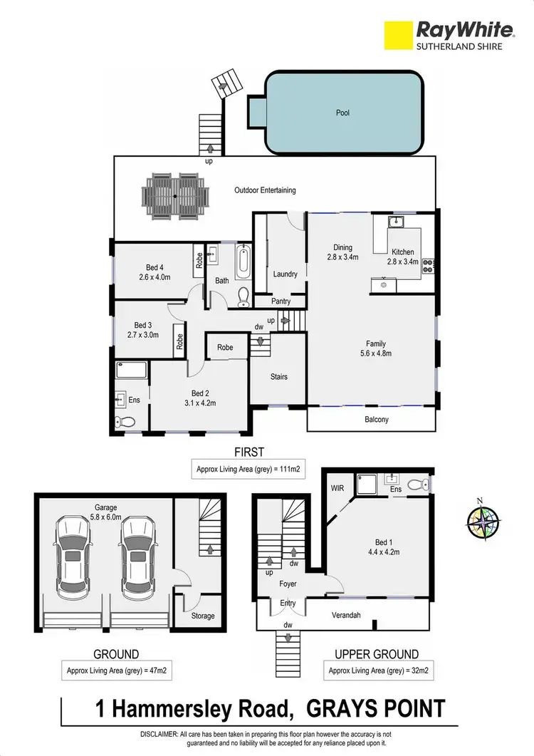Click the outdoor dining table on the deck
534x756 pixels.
click(x=176, y=195)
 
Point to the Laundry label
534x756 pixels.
click(x=285, y=274)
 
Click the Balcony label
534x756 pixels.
click(x=377, y=420)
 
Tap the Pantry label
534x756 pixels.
click(x=281, y=301)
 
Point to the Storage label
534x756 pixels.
click(x=202, y=616)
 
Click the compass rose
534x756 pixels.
click(x=483, y=521)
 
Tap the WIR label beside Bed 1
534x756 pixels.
click(x=337, y=490)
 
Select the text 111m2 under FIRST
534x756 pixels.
click(x=287, y=470)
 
